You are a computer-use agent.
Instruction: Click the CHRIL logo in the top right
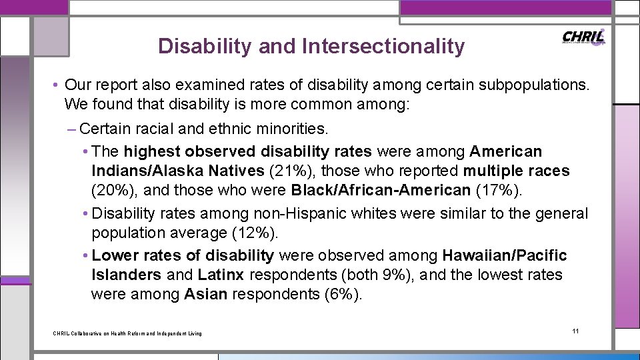point(584,38)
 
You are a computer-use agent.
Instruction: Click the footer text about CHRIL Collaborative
point(127,333)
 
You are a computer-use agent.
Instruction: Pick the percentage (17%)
point(499,190)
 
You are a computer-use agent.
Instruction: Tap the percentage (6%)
point(343,294)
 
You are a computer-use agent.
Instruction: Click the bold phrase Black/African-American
point(381,190)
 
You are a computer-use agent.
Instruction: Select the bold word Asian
point(206,294)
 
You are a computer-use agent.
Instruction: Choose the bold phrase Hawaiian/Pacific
point(504,255)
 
